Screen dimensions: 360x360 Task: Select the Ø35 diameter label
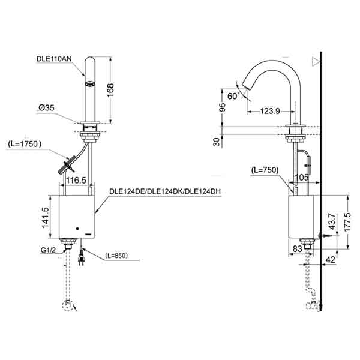pyautogui.click(x=47, y=108)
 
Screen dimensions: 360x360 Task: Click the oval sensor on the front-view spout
pyautogui.click(x=89, y=83)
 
